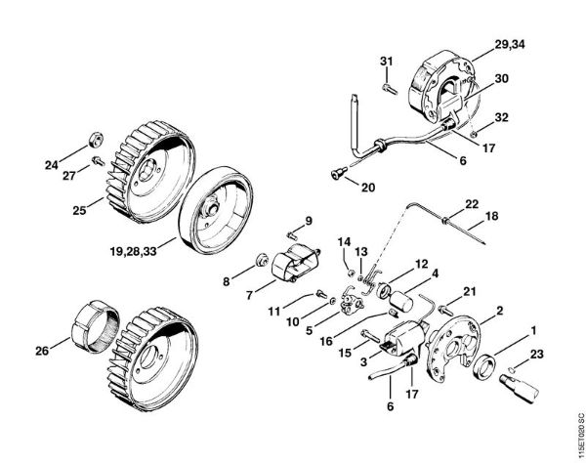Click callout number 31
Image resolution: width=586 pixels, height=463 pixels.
[387, 63]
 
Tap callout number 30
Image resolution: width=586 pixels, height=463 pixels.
[501, 79]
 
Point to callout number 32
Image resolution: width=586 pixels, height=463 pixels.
[501, 117]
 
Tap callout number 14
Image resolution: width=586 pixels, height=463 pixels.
[344, 240]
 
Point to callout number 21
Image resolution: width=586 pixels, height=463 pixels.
[469, 290]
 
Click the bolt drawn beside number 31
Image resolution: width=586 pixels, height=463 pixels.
[388, 87]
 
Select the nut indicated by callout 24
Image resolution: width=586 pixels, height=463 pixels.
[99, 134]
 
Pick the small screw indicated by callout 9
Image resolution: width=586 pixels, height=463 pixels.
[292, 234]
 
